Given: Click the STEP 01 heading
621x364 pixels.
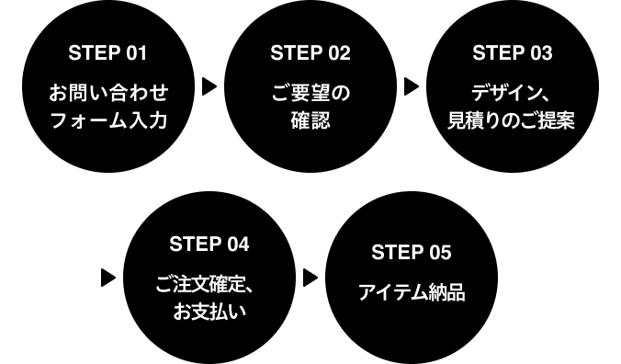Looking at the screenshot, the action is pos(107,53).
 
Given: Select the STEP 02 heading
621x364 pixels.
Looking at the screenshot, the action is pos(310,53).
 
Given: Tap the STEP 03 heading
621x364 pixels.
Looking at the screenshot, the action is pos(513,53).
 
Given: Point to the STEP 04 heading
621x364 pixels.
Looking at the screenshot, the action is pos(209,245).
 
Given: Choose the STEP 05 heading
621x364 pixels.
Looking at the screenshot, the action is pos(412,253).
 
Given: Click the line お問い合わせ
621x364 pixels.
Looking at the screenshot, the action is pos(108,93).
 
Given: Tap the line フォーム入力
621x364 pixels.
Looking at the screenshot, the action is pos(108,120).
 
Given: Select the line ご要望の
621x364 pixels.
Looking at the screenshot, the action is pos(310,93).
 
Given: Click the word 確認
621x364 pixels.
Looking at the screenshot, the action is pos(310,120).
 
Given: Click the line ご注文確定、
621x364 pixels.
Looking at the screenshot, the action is pos(205,284).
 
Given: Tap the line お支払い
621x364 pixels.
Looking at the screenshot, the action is pos(209,312).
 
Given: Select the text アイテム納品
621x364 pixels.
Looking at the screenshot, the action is pos(412,293).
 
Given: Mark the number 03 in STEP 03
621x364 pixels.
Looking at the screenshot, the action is pos(540,53).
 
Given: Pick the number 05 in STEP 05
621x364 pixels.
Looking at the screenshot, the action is pos(439,253).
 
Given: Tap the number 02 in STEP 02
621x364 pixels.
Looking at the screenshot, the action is pos(338,53).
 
